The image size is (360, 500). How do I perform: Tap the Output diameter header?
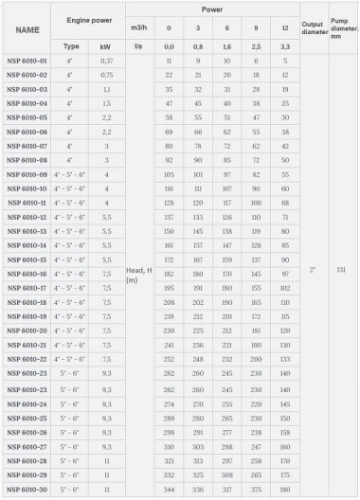(x=312, y=29)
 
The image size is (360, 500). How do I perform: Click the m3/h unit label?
(x=136, y=29)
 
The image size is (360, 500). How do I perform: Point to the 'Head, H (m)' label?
(x=136, y=275)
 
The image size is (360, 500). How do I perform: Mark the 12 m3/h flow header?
(x=285, y=29)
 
